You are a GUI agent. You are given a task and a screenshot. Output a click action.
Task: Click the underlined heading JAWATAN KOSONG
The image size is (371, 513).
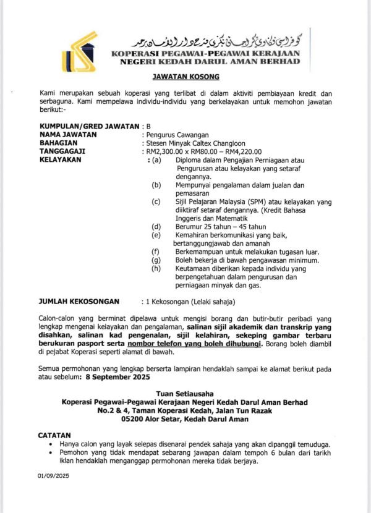185,78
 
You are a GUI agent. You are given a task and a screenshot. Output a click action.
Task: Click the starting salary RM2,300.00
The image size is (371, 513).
164,151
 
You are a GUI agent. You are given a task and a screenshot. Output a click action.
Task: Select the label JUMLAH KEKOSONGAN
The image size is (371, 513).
79,302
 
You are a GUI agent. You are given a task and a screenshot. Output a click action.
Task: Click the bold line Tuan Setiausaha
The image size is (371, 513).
185,394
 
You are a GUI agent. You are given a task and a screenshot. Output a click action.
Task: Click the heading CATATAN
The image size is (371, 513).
55,436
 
